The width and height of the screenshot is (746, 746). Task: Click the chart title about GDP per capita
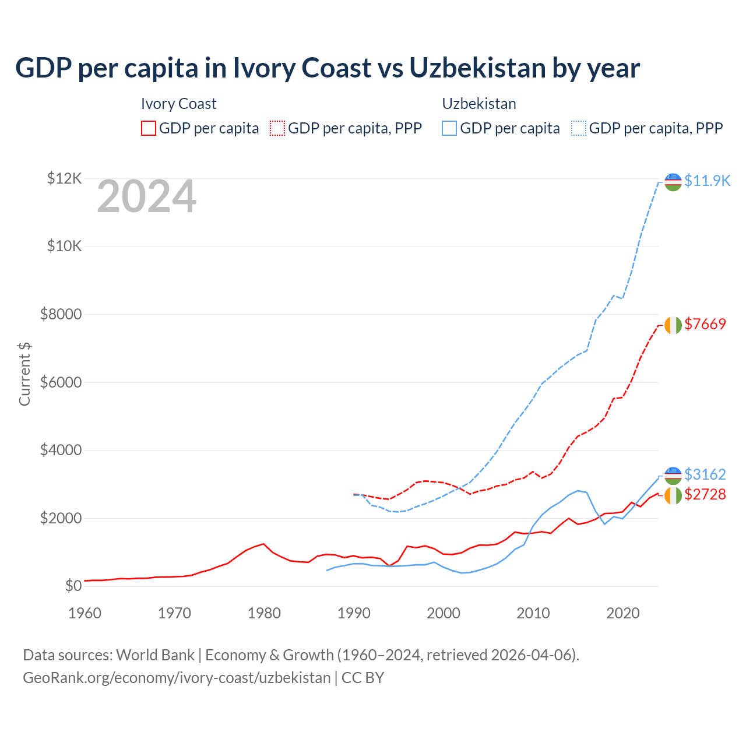(x=327, y=68)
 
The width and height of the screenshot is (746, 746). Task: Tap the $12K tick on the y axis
(x=64, y=178)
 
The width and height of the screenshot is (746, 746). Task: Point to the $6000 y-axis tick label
(x=61, y=382)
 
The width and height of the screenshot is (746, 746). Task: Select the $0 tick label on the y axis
(x=73, y=586)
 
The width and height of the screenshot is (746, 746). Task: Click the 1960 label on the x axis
(x=85, y=613)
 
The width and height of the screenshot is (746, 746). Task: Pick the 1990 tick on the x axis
(x=354, y=613)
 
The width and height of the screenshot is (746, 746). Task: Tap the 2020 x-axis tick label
(x=623, y=613)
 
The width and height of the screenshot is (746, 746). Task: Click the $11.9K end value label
(x=707, y=181)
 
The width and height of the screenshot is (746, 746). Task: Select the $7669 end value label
(x=705, y=324)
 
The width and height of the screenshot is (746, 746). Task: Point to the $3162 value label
(x=705, y=474)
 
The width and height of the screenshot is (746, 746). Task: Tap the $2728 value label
(x=705, y=494)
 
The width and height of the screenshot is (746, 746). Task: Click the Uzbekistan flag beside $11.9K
(x=673, y=182)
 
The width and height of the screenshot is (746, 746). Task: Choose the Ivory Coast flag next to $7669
(x=673, y=325)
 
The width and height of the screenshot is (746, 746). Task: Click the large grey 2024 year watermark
(x=146, y=197)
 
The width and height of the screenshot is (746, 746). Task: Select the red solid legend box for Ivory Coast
(x=149, y=128)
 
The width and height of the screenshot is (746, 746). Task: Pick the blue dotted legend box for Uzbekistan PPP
(x=579, y=128)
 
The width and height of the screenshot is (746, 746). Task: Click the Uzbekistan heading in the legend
(x=479, y=104)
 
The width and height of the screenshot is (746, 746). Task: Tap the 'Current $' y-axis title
(x=24, y=374)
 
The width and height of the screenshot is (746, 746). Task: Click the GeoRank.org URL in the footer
(x=177, y=678)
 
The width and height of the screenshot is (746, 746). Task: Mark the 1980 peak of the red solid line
(x=264, y=544)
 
